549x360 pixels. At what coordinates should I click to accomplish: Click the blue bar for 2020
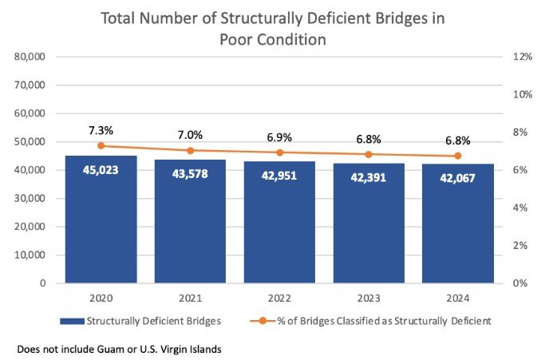101,220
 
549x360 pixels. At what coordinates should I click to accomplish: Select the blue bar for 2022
279,222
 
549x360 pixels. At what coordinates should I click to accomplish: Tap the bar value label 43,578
190,174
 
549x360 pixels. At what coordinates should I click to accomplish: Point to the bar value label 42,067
457,178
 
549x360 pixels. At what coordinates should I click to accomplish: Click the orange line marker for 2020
101,146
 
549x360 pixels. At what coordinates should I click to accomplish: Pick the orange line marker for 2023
369,154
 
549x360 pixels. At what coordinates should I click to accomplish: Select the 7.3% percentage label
101,131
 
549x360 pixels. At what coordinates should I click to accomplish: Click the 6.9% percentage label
279,137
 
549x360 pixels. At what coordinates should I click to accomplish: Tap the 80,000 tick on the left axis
30,57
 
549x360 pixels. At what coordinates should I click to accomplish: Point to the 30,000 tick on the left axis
30,198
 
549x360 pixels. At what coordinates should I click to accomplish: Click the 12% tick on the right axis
523,57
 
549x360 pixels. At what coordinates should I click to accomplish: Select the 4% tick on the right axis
520,208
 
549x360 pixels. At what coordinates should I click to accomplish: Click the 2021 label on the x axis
190,299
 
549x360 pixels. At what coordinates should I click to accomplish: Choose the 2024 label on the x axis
457,299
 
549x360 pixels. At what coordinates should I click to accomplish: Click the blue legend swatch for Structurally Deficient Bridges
72,321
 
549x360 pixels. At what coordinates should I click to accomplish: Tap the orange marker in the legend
263,321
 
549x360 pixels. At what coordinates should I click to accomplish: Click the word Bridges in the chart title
400,18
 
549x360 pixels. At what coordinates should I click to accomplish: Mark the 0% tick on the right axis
520,283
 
